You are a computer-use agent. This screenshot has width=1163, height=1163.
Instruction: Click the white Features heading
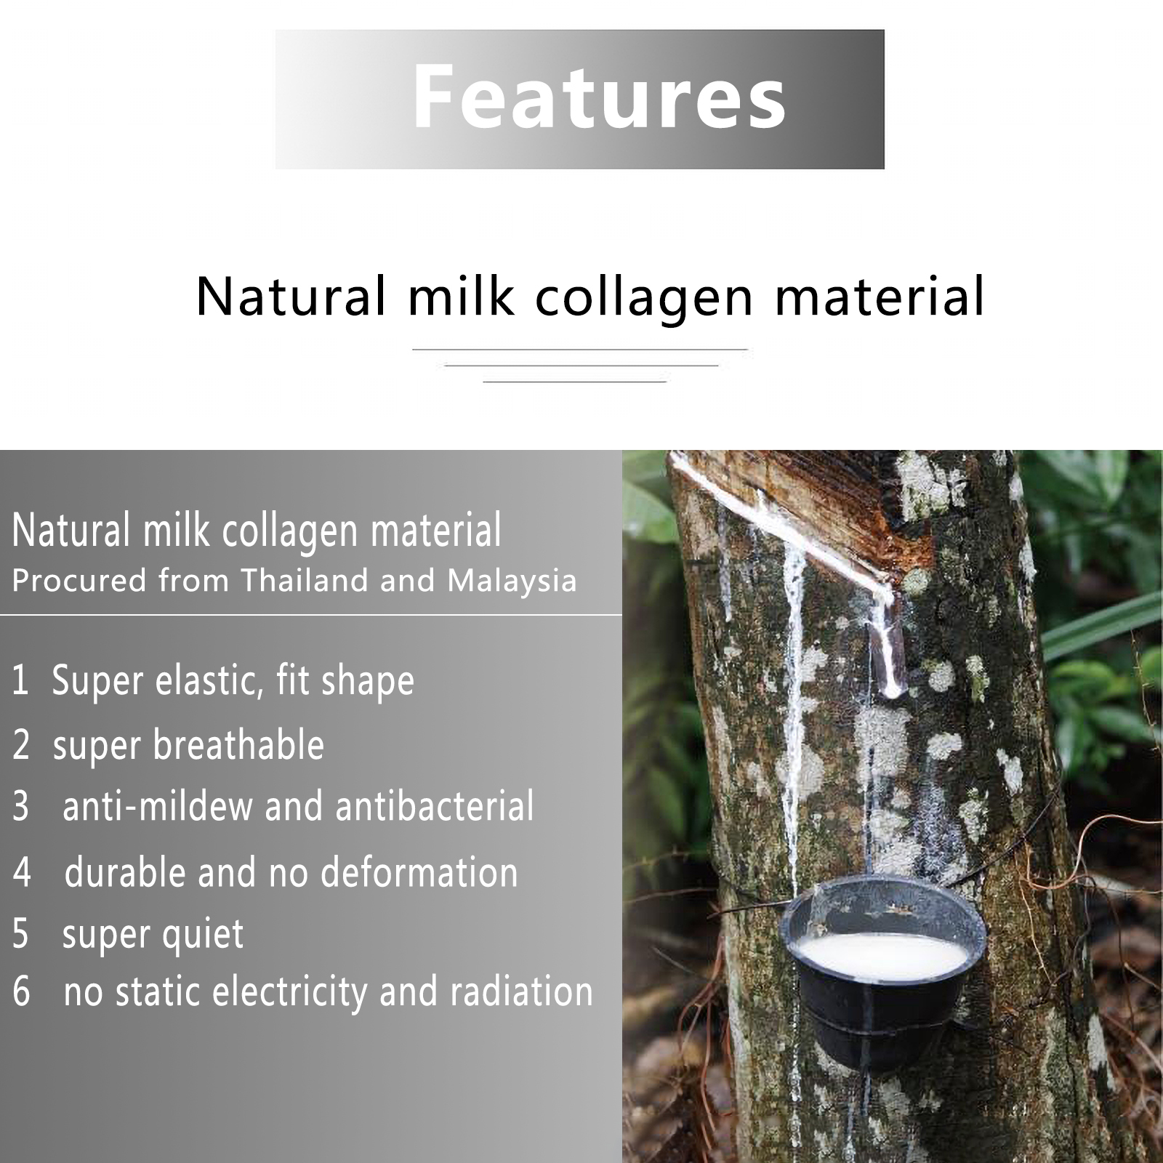[599, 97]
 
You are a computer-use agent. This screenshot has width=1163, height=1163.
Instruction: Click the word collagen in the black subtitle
[645, 298]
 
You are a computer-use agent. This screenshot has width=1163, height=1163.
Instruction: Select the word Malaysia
[512, 580]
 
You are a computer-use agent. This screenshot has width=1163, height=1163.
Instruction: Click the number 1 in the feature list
[20, 680]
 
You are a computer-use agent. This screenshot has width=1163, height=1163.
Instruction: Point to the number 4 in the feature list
[22, 872]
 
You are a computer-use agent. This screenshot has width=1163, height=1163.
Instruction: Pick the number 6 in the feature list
[22, 991]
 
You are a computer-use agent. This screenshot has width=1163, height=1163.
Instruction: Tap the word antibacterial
[435, 806]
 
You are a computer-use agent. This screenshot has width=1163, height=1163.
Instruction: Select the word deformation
[419, 872]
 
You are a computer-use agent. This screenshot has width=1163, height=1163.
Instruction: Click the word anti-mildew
[156, 806]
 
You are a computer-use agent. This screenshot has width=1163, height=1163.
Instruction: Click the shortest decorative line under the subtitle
[575, 381]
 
